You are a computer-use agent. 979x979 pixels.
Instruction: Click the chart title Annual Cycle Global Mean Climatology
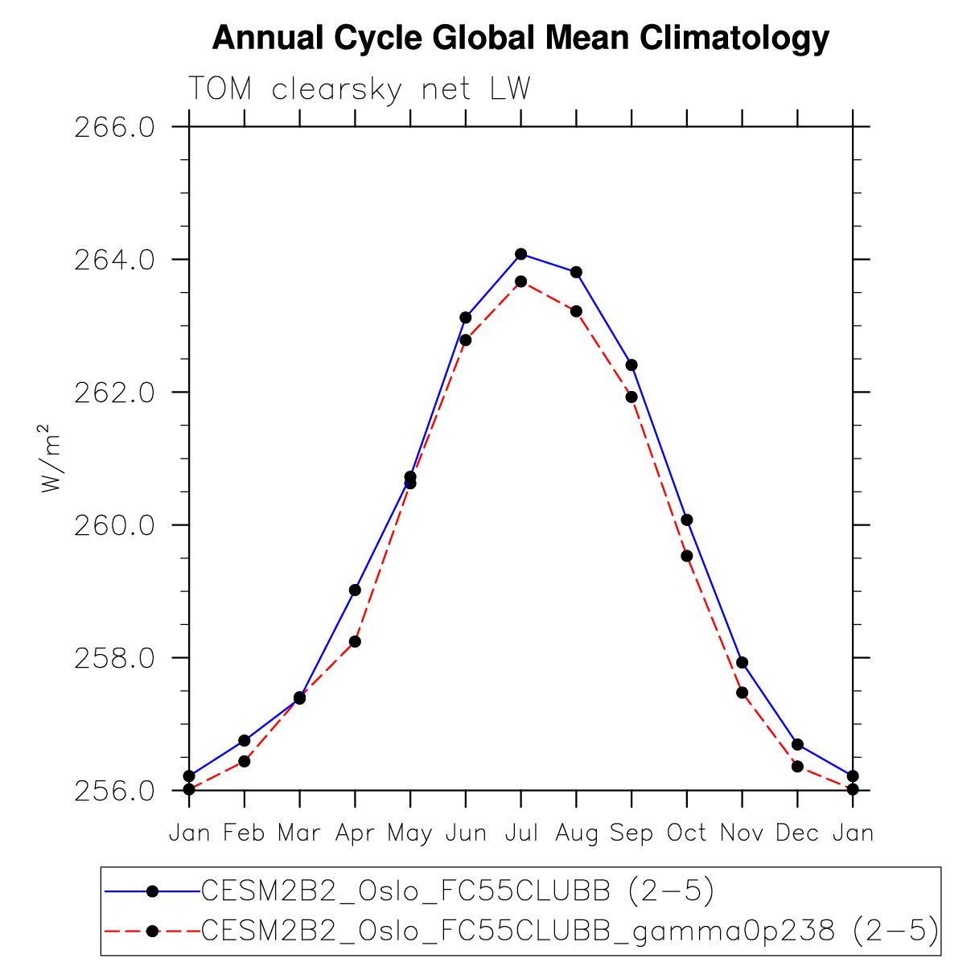520,38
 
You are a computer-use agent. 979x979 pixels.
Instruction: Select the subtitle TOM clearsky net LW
359,88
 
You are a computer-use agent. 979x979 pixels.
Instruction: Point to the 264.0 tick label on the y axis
114,260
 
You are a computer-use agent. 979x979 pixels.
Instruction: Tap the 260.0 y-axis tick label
114,525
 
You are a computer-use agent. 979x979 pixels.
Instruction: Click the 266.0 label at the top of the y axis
114,127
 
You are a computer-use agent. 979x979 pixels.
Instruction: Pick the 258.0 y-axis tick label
114,658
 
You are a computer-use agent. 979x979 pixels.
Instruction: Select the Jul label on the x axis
520,833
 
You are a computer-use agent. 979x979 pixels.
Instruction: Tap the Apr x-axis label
355,833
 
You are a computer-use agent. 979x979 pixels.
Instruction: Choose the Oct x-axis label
686,833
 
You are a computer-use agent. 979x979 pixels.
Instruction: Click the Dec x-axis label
797,833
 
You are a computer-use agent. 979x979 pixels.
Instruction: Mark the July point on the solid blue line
520,254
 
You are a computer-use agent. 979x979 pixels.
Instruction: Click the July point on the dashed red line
520,282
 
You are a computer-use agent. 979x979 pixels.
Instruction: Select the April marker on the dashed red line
355,641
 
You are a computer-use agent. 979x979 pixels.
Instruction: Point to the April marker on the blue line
355,590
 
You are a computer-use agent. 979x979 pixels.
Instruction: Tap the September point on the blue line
631,365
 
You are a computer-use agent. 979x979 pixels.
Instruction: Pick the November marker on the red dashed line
742,693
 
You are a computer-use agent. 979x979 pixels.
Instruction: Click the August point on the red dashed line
576,311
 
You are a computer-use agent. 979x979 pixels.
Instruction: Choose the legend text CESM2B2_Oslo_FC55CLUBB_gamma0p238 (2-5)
570,931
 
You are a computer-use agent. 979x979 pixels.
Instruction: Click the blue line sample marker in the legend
151,891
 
